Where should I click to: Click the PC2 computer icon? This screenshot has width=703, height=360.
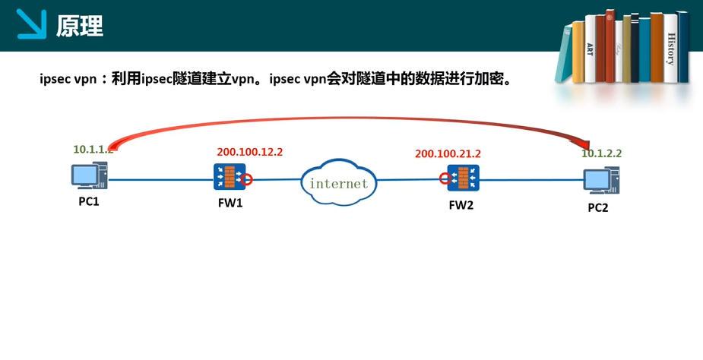pos(598,181)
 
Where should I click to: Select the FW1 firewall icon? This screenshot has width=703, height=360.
pos(228,178)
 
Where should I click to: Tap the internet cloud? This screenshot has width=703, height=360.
pos(339,182)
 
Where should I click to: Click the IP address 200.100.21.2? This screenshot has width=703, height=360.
pos(448,153)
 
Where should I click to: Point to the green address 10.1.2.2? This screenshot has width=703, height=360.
pos(602,153)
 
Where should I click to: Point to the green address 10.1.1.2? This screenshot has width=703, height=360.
pos(93,150)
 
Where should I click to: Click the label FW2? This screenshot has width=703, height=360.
pos(461,204)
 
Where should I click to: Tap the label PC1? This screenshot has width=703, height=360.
pos(89,203)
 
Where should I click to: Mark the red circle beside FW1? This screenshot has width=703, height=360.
pos(247,179)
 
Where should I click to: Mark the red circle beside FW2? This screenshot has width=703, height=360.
pos(444,179)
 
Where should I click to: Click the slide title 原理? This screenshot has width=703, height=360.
pos(79,27)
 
